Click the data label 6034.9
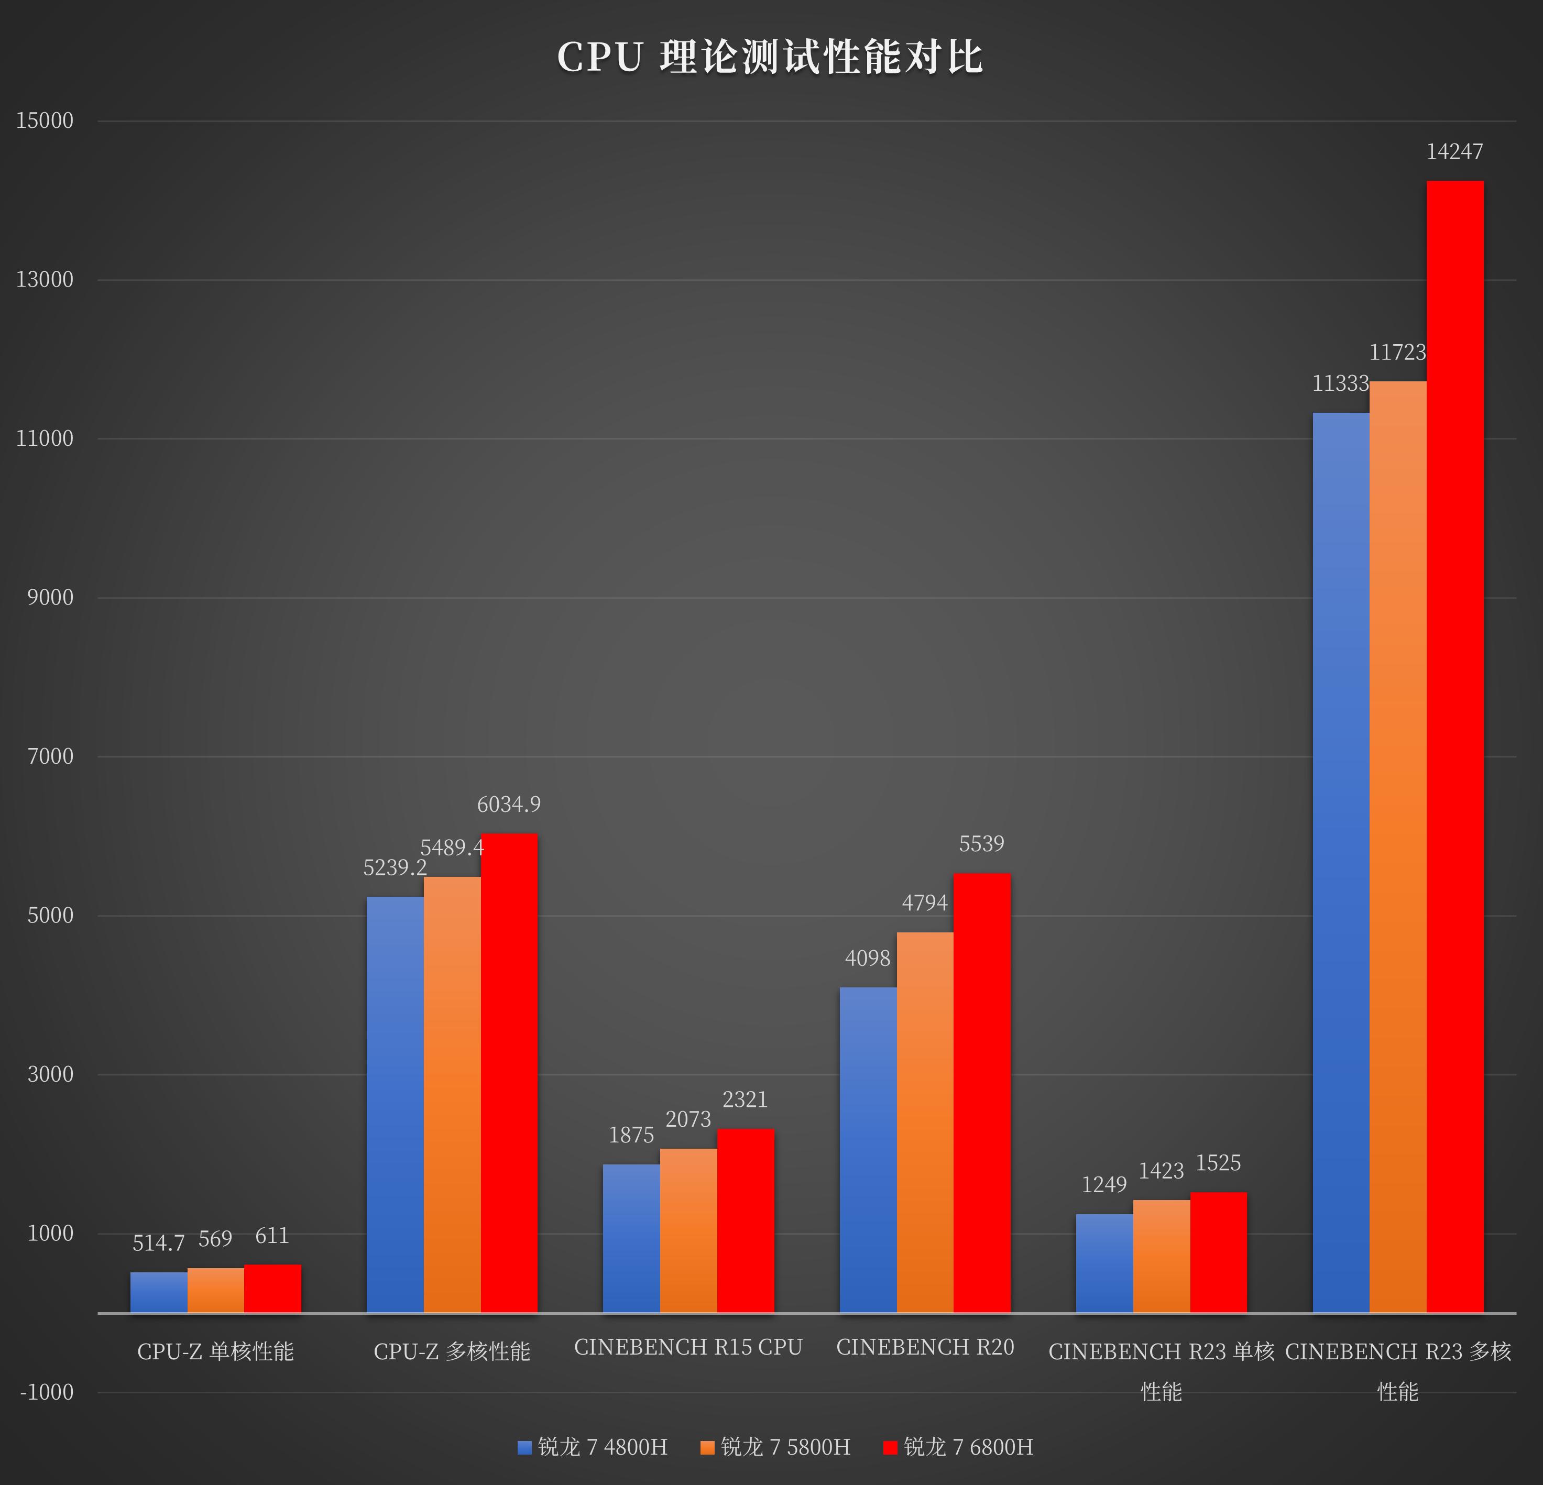tap(509, 804)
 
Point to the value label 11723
tap(1397, 353)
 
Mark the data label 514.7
tap(158, 1244)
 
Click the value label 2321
tap(745, 1099)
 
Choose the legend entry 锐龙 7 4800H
tap(593, 1446)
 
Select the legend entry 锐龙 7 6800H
tap(958, 1446)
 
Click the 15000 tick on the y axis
tap(45, 120)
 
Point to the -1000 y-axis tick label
tap(47, 1392)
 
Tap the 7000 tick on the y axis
tap(50, 756)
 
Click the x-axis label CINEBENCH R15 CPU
tap(688, 1347)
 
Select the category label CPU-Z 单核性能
tap(216, 1351)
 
